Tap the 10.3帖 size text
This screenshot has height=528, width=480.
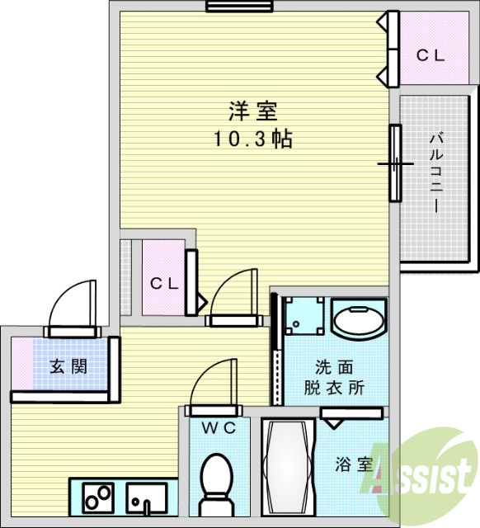click(252, 139)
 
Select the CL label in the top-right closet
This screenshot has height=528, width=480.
click(430, 56)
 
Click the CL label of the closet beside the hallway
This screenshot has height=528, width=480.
click(164, 283)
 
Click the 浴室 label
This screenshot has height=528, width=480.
click(354, 464)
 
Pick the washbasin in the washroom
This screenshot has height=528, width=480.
click(358, 320)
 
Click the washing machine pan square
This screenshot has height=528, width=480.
click(301, 315)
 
